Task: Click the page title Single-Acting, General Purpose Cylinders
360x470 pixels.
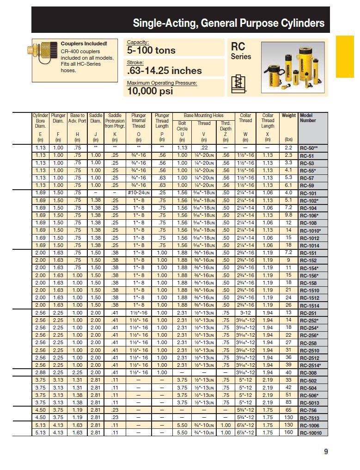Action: (x=228, y=23)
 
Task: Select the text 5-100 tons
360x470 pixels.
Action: (x=151, y=50)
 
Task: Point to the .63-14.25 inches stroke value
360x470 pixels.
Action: (x=164, y=70)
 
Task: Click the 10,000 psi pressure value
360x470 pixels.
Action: (x=150, y=91)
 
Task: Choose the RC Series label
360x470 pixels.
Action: (x=241, y=51)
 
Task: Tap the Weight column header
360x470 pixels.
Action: (x=288, y=116)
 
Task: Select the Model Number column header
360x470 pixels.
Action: (x=308, y=118)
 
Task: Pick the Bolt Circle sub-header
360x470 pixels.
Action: (x=182, y=126)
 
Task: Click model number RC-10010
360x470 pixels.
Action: (x=313, y=433)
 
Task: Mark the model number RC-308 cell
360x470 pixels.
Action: (x=308, y=373)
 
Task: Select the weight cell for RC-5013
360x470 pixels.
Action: (x=288, y=402)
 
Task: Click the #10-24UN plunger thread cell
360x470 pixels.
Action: (x=139, y=193)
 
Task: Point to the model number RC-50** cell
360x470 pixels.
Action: (x=309, y=148)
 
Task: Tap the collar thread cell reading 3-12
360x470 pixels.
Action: (x=245, y=313)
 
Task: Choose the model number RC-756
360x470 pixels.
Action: (x=308, y=410)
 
